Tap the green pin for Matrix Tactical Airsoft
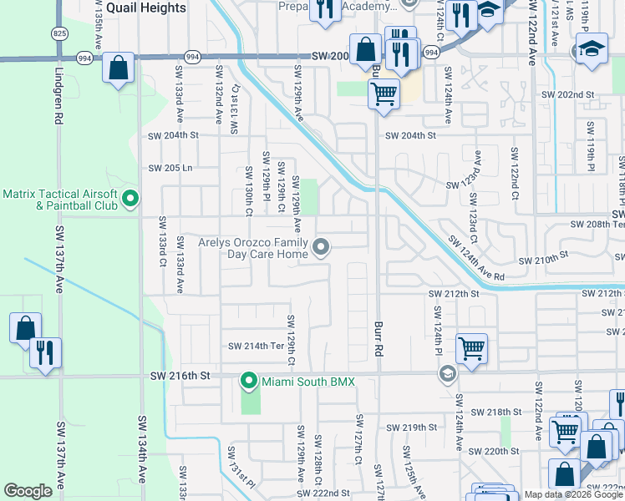130,199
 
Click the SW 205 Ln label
170,168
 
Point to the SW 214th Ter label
256,346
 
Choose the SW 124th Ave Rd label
476,259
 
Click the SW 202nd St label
564,95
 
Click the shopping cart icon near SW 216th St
471,347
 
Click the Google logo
28,491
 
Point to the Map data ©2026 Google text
573,494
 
